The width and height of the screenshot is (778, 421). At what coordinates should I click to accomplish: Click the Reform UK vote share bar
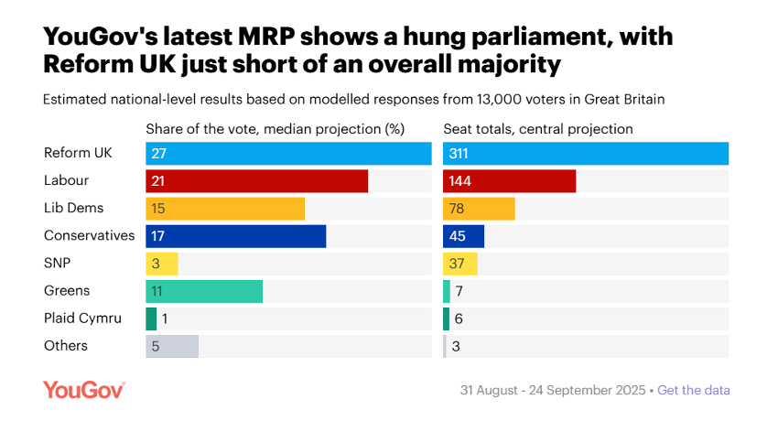coord(288,154)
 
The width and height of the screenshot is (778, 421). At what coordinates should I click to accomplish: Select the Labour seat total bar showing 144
coord(509,181)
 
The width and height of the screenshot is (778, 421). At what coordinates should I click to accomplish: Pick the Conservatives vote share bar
coord(235,236)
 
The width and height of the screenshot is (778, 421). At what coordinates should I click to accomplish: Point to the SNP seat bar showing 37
coord(460,264)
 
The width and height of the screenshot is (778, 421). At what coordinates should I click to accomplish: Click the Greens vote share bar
coord(204,291)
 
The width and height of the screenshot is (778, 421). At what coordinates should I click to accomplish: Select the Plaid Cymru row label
coord(82,318)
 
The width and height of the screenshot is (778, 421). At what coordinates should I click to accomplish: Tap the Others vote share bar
coord(172,346)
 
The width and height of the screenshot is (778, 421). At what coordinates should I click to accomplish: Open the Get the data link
coord(694,390)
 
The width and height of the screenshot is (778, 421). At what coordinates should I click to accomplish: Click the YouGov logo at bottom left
coord(83,390)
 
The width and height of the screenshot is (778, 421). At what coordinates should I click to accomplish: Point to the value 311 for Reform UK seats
coord(459,154)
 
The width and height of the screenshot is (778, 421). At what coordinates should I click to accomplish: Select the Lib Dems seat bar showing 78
coord(479,209)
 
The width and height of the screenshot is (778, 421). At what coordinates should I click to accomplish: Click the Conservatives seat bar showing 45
coord(463,236)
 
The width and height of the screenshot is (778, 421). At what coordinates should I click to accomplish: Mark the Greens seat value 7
coord(459,291)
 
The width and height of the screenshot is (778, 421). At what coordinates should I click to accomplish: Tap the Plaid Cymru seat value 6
coord(459,318)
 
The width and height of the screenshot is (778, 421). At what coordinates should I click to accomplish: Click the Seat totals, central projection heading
coord(538,129)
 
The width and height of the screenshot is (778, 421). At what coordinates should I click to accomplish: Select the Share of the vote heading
coord(275,129)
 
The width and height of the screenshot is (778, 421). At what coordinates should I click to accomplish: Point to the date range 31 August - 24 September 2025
coord(552,390)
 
